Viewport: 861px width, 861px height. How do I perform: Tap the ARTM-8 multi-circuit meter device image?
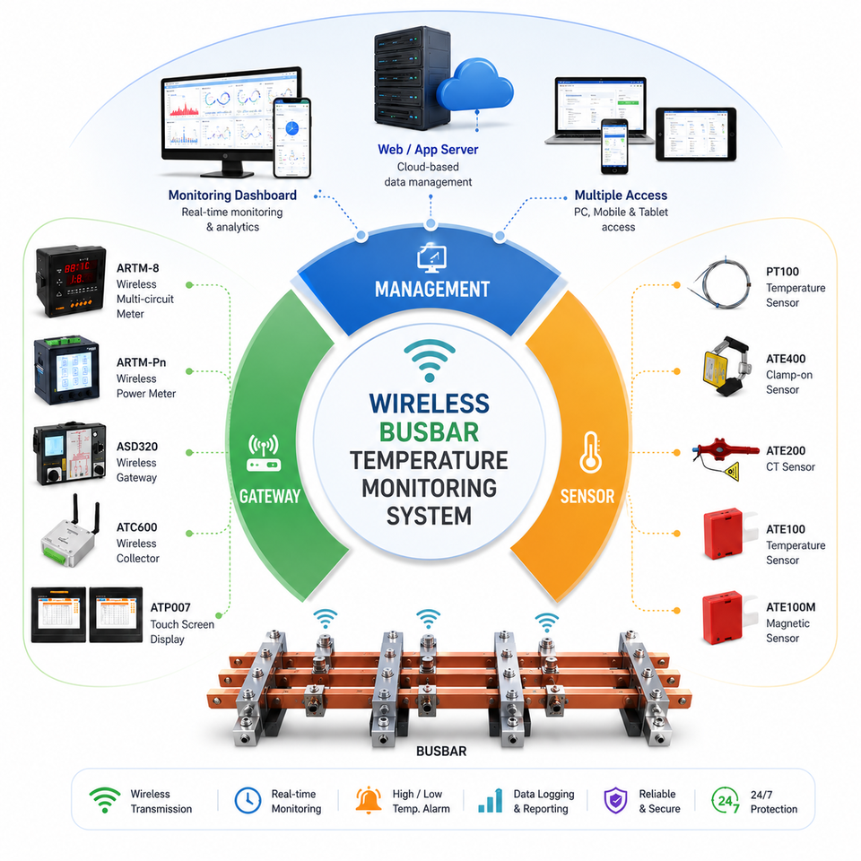click(70, 281)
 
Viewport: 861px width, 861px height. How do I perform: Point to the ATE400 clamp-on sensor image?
click(726, 366)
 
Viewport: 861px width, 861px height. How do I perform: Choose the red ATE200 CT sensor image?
click(725, 457)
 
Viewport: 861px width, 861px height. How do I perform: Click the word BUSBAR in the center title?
click(429, 432)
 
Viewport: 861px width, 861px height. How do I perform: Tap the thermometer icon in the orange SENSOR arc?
click(590, 452)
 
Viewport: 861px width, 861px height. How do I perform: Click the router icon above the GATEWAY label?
click(264, 454)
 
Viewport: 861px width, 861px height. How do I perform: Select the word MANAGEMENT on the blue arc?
click(432, 290)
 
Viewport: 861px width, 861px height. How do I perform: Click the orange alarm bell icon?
click(369, 799)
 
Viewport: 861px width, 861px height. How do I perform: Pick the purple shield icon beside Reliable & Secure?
click(615, 801)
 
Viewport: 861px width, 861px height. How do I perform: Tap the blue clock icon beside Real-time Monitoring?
click(248, 800)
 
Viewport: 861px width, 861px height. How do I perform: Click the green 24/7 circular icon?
click(726, 801)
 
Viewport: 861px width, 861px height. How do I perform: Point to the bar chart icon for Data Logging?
click(491, 801)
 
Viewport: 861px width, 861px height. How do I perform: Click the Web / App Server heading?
click(428, 150)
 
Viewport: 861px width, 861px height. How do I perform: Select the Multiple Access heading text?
click(621, 196)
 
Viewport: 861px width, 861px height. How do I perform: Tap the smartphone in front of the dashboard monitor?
click(292, 138)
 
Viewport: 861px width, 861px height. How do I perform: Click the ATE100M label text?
click(790, 607)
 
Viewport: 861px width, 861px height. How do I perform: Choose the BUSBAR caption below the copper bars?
click(441, 752)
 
